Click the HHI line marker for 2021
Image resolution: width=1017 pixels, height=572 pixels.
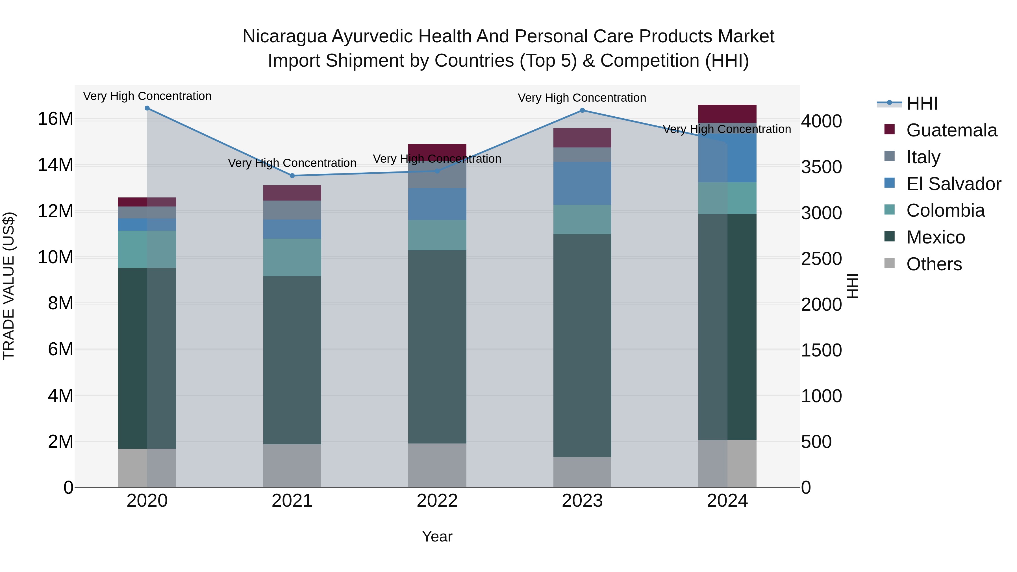coord(292,176)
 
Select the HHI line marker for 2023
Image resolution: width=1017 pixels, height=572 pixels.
coord(582,110)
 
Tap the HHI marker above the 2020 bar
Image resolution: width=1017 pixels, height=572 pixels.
coord(147,108)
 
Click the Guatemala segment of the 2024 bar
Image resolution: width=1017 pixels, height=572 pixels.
coord(727,114)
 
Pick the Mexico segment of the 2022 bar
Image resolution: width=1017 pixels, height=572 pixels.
coord(437,347)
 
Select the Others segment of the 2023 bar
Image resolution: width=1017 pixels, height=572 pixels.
coord(582,472)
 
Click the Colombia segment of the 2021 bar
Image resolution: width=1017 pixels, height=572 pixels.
coord(292,257)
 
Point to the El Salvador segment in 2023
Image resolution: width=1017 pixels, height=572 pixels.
coord(582,183)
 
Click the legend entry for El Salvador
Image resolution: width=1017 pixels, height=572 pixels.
coord(953,184)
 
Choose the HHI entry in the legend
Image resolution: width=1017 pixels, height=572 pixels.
coord(922,103)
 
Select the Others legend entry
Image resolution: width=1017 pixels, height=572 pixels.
coord(934,264)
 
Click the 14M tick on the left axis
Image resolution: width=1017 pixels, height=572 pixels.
coord(55,165)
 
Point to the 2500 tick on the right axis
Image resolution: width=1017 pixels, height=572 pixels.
coord(821,259)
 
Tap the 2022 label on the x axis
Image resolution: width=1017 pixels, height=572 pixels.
coord(437,501)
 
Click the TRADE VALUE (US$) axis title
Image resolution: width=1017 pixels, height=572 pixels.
coord(9,286)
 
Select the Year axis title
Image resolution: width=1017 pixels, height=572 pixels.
coord(437,536)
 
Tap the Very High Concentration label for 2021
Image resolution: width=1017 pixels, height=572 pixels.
coord(292,163)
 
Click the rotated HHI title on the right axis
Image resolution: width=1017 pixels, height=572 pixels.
coord(853,286)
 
